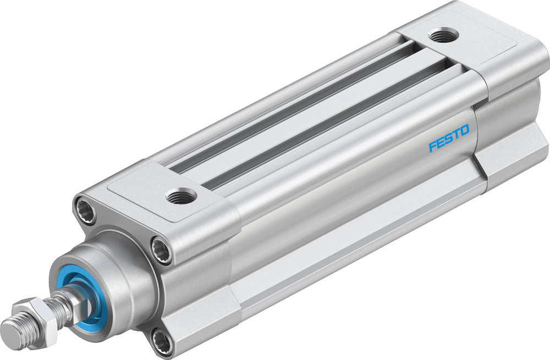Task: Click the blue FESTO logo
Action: (449, 139)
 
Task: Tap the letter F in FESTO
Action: (432, 147)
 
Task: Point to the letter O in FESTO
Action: (464, 130)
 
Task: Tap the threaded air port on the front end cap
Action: (181, 195)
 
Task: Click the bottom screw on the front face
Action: (162, 342)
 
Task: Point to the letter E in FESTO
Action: (441, 143)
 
